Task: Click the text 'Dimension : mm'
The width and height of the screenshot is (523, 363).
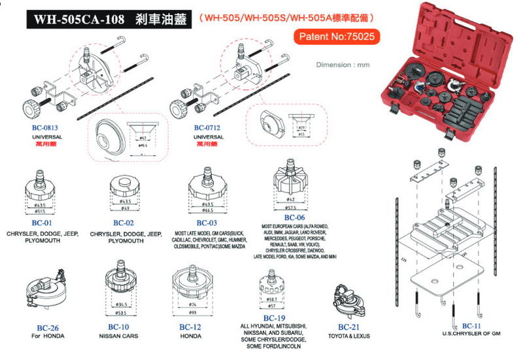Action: click(343, 65)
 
